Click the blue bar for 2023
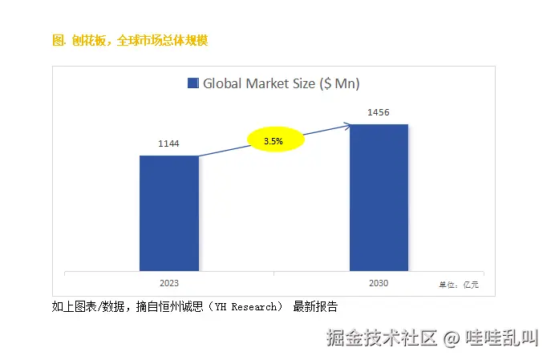[x=169, y=212]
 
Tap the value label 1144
[x=168, y=144]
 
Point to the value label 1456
[x=378, y=112]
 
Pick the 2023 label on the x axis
[x=169, y=283]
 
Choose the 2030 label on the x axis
[x=379, y=283]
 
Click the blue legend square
[x=192, y=83]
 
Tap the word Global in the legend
[x=221, y=83]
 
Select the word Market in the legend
[x=268, y=83]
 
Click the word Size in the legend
[x=306, y=83]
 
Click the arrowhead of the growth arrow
[x=347, y=124]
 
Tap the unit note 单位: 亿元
[x=458, y=285]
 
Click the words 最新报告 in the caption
[x=315, y=306]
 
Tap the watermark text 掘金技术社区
[x=382, y=338]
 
